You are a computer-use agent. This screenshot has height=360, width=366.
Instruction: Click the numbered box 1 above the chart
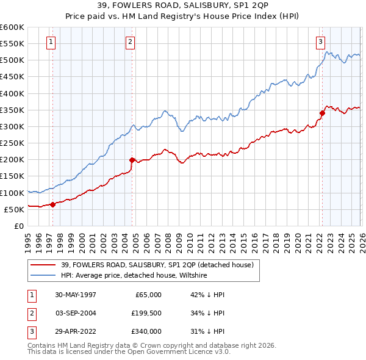point(50,42)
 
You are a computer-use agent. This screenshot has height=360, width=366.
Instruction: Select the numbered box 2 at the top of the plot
point(131,42)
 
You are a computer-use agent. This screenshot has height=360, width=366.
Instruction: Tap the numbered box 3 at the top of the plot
point(320,42)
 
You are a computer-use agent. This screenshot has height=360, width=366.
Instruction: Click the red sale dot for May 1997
point(53,204)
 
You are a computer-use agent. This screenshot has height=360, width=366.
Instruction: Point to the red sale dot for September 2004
point(132,160)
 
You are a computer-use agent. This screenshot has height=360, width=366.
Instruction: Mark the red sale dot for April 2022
point(322,113)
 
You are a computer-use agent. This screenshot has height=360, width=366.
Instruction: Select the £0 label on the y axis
point(18,226)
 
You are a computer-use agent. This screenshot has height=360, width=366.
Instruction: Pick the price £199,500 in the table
point(146,313)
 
